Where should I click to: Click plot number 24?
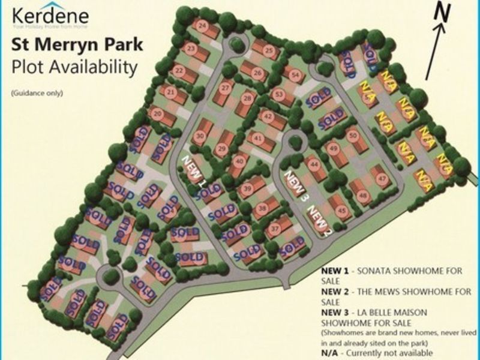pos(202,26)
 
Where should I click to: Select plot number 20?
pos(158,112)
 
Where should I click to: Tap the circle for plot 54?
pos(294,75)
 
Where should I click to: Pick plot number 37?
pos(275,228)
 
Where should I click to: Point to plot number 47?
pos(380,177)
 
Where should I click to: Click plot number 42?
pos(268,117)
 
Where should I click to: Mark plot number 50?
pos(353,136)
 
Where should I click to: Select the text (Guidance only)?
pos(36,94)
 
